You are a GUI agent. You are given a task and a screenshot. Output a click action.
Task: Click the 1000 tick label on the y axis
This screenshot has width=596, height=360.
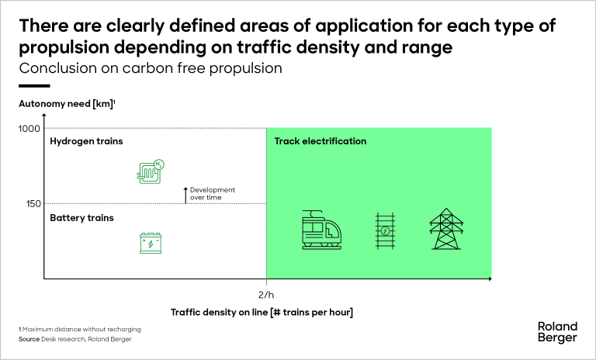click(x=29, y=129)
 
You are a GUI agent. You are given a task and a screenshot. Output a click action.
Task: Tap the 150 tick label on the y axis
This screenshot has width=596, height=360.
click(x=33, y=204)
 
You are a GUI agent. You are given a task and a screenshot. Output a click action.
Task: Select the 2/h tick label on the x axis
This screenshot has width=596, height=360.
click(x=266, y=295)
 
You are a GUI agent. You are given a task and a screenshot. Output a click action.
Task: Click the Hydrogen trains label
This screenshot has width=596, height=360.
click(x=86, y=141)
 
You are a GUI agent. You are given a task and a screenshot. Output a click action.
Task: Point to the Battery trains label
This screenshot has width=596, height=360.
click(x=81, y=218)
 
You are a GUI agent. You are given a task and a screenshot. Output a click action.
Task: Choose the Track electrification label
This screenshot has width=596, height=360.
click(x=321, y=141)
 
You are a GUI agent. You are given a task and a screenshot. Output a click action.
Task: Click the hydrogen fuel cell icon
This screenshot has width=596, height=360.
click(x=150, y=171)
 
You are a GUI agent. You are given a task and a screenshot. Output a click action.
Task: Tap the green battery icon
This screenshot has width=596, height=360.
click(x=151, y=243)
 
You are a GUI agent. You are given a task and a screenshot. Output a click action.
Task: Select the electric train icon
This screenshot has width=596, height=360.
click(x=321, y=230)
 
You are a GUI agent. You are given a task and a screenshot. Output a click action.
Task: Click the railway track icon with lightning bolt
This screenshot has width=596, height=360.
click(x=385, y=230)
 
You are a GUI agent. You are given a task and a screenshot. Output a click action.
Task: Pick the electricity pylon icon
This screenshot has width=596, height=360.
click(x=446, y=229)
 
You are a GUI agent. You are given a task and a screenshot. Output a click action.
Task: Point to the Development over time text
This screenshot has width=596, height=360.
click(x=213, y=193)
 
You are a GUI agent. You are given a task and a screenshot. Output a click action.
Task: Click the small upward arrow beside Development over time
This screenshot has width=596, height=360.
click(x=185, y=196)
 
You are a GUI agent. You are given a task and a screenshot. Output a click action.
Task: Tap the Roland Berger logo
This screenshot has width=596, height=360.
click(x=557, y=332)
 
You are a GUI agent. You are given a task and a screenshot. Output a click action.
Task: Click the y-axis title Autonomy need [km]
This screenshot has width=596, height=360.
click(x=67, y=104)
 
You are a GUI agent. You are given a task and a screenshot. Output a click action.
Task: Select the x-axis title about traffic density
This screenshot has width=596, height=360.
click(x=262, y=312)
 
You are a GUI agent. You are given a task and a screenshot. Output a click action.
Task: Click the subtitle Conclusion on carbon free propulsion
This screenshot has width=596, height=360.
click(x=151, y=68)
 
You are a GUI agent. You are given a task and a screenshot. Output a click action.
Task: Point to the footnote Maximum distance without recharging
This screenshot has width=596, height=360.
click(x=81, y=329)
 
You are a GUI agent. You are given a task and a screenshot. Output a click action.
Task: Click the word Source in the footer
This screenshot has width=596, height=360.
click(x=29, y=339)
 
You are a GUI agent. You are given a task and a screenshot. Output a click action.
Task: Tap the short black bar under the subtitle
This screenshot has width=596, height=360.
click(x=34, y=86)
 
